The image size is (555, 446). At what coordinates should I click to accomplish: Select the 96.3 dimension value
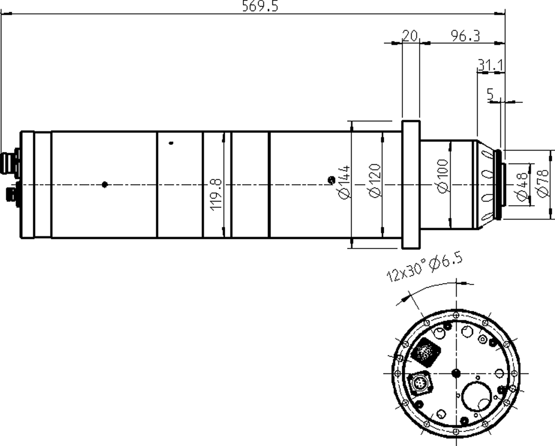465,36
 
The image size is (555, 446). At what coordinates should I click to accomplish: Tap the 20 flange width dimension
410,36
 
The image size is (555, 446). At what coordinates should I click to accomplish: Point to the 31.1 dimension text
491,65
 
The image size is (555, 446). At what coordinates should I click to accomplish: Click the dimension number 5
490,94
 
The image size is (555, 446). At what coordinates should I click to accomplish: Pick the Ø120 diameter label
374,181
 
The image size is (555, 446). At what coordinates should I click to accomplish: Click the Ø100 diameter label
442,176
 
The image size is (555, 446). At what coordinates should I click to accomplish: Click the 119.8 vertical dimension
216,195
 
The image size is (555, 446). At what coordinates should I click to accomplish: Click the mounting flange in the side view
410,184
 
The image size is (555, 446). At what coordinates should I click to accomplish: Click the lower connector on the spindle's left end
11,195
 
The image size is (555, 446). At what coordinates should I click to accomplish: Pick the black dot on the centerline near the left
104,184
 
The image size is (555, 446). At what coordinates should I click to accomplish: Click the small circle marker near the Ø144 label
331,180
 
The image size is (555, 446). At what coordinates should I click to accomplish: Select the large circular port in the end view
477,397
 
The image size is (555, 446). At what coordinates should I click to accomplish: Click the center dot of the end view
456,373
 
